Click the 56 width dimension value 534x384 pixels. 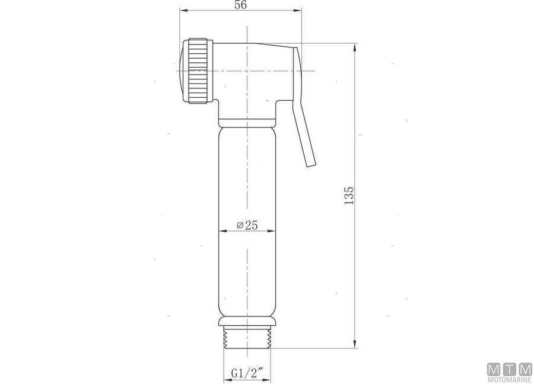240,5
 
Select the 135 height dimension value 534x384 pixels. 349,195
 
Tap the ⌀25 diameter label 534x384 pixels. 246,225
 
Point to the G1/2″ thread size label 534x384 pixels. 247,373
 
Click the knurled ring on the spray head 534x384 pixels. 198,71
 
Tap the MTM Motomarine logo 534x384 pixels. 508,372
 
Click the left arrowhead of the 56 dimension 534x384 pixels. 183,10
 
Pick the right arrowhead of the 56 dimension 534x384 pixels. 298,10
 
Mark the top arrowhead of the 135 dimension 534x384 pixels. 355,47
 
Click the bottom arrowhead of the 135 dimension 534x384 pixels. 355,345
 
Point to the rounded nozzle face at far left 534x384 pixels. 180,71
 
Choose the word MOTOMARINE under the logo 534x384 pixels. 508,379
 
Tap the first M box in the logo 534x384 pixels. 494,369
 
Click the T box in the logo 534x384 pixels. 509,369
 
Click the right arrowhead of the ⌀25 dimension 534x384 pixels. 272,231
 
